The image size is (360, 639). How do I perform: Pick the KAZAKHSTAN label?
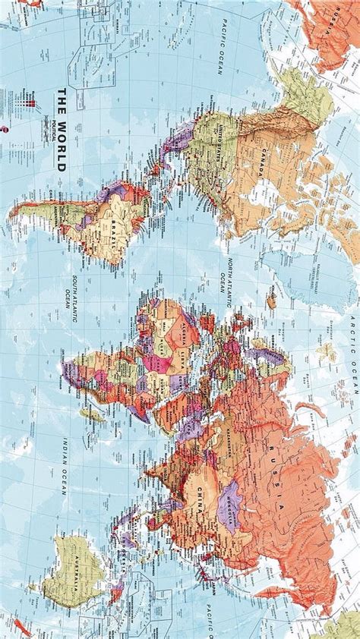point(223,437)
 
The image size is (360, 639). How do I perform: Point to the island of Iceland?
point(271,302)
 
